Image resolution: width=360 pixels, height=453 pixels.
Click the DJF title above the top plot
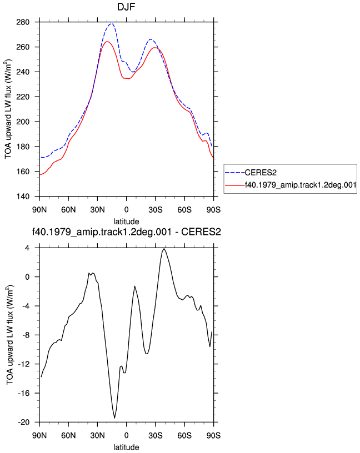126,7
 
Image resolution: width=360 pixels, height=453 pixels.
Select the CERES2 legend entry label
261,173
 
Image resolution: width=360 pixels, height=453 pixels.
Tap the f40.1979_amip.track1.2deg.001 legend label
301,185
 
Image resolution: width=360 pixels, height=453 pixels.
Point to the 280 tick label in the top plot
23,22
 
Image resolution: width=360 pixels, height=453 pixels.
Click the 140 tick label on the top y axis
23,197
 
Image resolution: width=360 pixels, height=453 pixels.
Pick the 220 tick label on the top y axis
23,97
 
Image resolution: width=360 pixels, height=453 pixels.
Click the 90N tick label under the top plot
39,210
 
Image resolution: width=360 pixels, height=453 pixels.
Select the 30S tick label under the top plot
156,210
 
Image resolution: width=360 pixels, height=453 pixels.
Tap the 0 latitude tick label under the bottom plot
126,435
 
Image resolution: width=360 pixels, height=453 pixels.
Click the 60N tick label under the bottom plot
68,435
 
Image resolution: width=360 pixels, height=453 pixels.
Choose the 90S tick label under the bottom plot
214,435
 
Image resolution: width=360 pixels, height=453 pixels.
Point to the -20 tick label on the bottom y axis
24,422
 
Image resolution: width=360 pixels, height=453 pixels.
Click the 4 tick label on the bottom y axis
28,248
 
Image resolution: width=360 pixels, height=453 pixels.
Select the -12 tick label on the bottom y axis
24,364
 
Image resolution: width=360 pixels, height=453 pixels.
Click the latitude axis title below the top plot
126,222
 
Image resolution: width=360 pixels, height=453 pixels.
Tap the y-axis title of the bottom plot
9,335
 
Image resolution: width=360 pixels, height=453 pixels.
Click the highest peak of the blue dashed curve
111,24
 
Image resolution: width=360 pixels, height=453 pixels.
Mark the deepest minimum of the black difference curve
114,418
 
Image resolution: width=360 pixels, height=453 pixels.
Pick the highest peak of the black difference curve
164,249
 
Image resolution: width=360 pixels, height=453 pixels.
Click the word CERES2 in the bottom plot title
201,231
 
